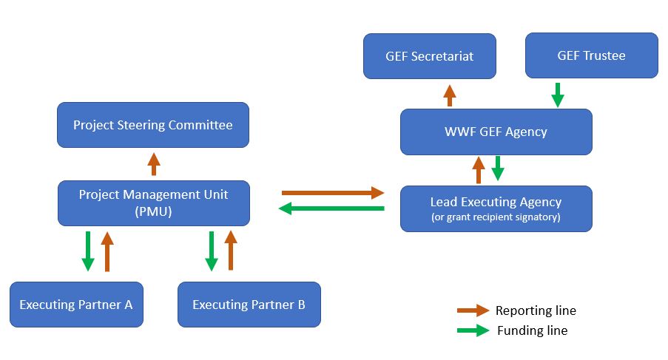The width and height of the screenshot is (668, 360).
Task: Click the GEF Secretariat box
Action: tap(429, 56)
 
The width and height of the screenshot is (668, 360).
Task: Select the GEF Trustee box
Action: tap(591, 55)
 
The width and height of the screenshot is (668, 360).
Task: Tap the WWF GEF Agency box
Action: tap(496, 132)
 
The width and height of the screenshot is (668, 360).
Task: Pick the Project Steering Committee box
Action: tap(153, 125)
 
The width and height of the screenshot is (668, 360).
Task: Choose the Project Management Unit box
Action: tap(153, 203)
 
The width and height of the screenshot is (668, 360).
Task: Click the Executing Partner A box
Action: tap(76, 304)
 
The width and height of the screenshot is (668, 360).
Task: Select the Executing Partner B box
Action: tap(249, 304)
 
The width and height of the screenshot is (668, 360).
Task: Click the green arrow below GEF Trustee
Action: tap(558, 95)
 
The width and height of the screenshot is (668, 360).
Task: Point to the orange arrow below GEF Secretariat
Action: tap(449, 95)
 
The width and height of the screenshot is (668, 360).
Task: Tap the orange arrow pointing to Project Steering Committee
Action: tap(153, 163)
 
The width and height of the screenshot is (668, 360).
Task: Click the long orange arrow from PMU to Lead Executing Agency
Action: tap(333, 193)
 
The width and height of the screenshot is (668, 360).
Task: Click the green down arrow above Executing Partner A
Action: tap(88, 251)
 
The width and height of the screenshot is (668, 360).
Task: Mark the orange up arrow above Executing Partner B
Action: tap(230, 250)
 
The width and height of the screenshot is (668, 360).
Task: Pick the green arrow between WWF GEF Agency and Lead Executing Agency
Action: tap(498, 168)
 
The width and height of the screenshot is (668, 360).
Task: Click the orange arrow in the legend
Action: tap(473, 310)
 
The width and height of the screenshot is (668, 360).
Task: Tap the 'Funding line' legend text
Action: tap(532, 330)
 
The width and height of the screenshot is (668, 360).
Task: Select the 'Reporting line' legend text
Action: tap(536, 310)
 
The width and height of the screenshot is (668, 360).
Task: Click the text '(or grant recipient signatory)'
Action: tap(496, 217)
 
